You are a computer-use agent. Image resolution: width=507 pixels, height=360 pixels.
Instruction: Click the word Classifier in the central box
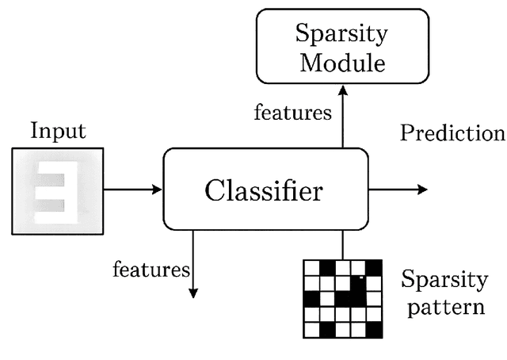coord(264,190)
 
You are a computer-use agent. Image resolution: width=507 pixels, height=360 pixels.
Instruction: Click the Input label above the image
coord(58,131)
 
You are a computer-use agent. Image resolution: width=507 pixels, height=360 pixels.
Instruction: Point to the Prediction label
coord(452,132)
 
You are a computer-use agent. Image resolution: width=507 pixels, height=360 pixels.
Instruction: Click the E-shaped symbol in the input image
coord(58,192)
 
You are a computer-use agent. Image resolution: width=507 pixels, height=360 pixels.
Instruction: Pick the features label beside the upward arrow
coord(292,113)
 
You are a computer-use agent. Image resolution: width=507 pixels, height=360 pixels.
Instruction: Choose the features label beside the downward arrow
coord(151,270)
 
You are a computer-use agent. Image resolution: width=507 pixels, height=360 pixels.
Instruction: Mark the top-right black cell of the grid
coord(373,268)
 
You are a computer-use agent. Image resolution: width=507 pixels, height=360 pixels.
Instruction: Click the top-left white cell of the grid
coord(311,268)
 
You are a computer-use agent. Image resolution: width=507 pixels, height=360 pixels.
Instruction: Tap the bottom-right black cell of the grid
coord(373,328)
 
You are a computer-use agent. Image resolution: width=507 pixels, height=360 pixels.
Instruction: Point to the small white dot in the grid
coord(360,278)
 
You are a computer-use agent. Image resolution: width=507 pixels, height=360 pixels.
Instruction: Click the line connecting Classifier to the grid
coord(342,244)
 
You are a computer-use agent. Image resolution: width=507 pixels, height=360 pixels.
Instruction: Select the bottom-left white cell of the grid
coord(311,328)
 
